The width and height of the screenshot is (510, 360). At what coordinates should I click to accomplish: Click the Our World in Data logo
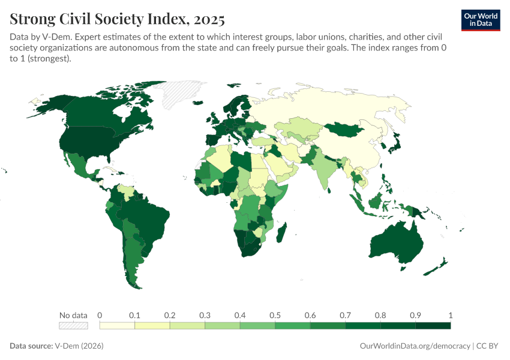coord(480,20)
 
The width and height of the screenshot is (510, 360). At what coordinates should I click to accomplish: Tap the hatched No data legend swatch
coord(73,326)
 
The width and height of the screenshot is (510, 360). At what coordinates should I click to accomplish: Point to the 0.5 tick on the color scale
coord(275,315)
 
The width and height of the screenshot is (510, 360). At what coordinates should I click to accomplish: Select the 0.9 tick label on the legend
coord(415,315)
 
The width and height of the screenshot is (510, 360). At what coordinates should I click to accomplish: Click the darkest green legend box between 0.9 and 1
coord(433,326)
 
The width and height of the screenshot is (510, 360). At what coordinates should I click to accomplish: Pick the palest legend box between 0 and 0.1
coord(117,326)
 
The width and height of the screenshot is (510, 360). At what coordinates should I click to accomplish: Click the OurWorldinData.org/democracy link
coord(415,346)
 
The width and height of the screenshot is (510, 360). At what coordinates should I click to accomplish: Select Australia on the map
coord(396,243)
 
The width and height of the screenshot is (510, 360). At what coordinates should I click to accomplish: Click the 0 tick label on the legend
coord(100,315)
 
